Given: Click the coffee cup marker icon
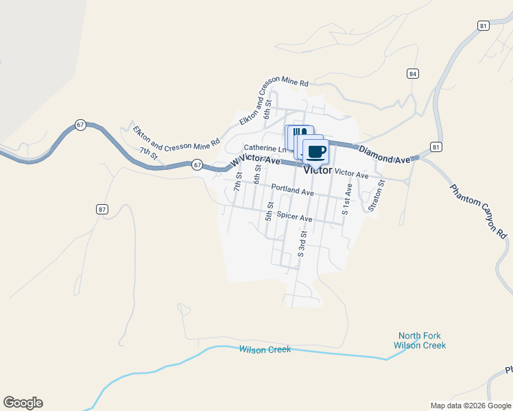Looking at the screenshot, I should (316, 151).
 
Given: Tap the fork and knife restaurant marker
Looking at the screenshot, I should (296, 133).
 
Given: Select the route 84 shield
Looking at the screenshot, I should (412, 73).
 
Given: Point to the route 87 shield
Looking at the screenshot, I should (102, 210).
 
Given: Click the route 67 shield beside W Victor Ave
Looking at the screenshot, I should (197, 164).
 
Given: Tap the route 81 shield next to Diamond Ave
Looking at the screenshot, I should (436, 147).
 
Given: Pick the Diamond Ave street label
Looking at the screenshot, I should (385, 155).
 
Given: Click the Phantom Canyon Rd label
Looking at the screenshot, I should (479, 211).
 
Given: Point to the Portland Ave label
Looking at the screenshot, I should (292, 190).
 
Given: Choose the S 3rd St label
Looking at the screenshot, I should (300, 244).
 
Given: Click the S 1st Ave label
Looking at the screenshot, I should (346, 199).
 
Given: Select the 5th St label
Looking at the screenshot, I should (270, 211).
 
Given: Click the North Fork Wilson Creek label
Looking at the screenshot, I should (420, 340).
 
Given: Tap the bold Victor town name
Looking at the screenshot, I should (318, 170).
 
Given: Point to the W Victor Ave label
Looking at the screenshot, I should (256, 161).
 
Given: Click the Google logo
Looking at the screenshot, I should (23, 403).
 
